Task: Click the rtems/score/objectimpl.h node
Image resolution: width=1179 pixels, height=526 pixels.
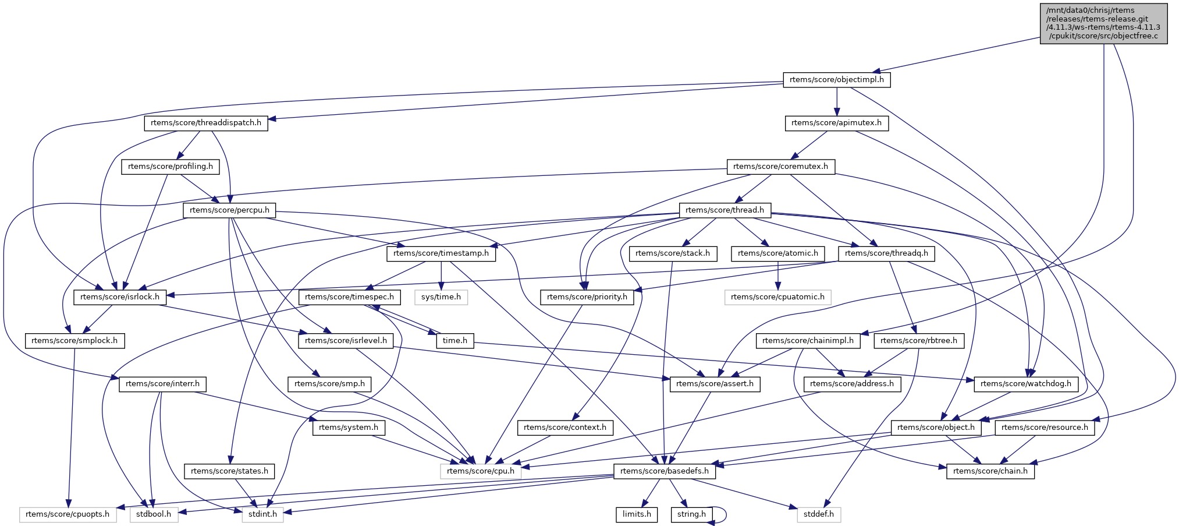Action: click(x=836, y=80)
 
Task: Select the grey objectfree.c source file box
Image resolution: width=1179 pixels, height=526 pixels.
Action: click(x=1103, y=23)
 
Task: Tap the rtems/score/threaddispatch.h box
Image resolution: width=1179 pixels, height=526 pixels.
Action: click(x=206, y=123)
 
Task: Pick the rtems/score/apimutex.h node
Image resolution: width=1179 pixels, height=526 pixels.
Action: click(x=836, y=123)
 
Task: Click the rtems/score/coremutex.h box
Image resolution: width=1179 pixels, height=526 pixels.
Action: click(x=780, y=167)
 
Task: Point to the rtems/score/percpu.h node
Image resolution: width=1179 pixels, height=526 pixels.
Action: click(x=229, y=210)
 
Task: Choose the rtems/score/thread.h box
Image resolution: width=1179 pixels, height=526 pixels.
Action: click(x=725, y=210)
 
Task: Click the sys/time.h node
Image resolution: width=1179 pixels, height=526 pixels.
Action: click(x=441, y=297)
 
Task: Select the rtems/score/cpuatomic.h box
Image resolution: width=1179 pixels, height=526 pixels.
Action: click(x=777, y=297)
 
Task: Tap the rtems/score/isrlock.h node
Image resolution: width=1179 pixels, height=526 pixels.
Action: click(x=120, y=297)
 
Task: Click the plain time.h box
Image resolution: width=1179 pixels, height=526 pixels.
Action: click(x=454, y=341)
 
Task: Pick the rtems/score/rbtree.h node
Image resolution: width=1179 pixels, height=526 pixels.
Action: click(x=918, y=341)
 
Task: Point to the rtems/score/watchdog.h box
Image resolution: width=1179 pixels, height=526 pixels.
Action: click(x=1025, y=384)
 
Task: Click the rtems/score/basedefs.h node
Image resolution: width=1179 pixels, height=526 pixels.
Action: click(x=665, y=471)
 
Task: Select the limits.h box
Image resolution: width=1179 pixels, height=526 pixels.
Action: click(x=637, y=514)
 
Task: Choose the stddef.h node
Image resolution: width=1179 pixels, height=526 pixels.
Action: click(x=818, y=514)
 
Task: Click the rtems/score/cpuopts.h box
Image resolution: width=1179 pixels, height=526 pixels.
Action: click(x=68, y=514)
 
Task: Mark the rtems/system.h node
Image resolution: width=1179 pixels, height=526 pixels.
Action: click(x=349, y=428)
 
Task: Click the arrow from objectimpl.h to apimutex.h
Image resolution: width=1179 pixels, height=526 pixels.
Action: click(x=836, y=101)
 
